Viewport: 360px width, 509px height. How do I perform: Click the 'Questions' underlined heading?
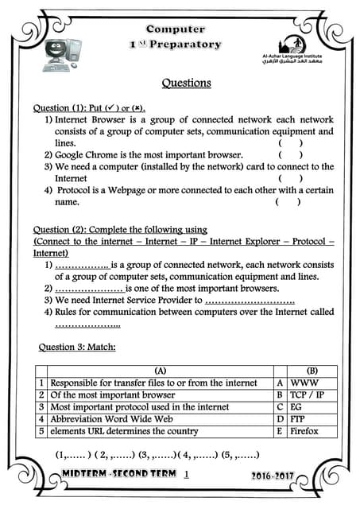pyautogui.click(x=186, y=83)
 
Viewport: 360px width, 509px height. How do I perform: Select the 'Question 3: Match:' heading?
pyautogui.click(x=77, y=347)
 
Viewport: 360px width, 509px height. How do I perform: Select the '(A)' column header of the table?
pyautogui.click(x=160, y=371)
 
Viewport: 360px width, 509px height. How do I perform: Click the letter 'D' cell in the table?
pyautogui.click(x=279, y=419)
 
